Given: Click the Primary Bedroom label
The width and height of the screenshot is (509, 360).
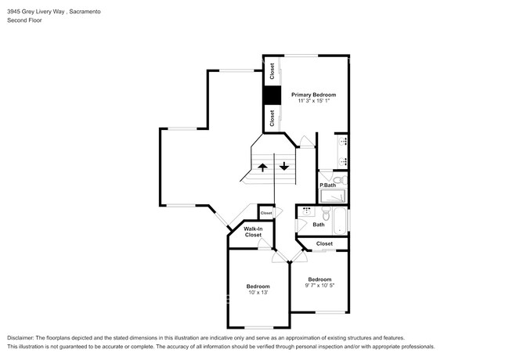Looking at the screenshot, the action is tap(313, 95).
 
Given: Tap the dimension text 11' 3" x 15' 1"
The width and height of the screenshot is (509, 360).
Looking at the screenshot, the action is tap(314, 101).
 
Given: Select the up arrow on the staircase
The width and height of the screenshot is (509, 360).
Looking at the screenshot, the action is tap(262, 167).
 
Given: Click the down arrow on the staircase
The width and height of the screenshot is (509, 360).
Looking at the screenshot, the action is tap(284, 166).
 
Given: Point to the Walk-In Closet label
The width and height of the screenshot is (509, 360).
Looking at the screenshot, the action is tap(253, 232).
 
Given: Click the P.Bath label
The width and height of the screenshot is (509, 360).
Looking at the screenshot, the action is tap(327, 185).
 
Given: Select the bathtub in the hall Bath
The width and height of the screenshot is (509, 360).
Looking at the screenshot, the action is tap(340, 221).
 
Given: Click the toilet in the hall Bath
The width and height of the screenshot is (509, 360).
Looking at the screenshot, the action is tap(326, 213).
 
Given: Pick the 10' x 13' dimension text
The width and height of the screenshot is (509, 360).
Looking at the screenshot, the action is tap(258, 293).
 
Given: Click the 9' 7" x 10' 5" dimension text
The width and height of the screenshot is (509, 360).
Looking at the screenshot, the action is tap(319, 286).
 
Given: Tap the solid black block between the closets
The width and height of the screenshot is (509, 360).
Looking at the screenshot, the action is tap(272, 95).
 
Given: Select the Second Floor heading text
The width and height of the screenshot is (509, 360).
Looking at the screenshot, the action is tap(25, 20).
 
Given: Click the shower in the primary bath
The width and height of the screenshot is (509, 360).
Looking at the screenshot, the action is tap(333, 196).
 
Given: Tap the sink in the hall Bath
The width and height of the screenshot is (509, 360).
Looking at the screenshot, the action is tap(306, 211).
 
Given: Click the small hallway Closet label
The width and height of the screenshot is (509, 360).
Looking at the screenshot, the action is tap(266, 213).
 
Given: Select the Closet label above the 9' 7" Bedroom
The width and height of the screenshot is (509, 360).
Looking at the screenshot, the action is tap(324, 243).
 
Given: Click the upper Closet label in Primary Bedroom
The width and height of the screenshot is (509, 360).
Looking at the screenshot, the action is tap(272, 71).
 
